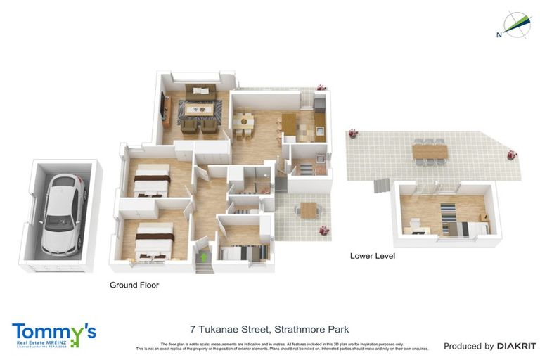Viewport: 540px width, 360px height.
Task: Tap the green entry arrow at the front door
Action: point(205,257)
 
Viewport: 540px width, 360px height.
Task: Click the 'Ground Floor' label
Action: point(134,285)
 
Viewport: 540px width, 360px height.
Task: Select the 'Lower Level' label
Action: point(372,256)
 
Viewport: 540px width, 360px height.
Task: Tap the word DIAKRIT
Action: point(516,346)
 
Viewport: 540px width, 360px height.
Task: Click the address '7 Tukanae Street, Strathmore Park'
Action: point(269,329)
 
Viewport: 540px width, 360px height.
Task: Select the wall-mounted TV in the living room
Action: point(164,108)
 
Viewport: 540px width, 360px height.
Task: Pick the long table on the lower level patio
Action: point(429,150)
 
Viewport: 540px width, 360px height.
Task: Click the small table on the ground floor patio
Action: point(308,210)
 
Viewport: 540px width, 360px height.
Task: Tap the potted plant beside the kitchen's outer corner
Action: point(321,88)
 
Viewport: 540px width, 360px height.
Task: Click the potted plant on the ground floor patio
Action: point(323,230)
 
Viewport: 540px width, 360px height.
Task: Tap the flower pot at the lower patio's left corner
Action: point(351,134)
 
